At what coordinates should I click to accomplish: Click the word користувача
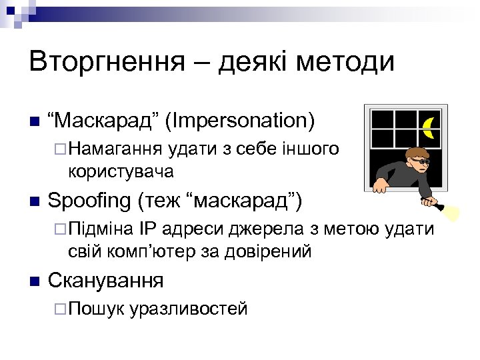120,171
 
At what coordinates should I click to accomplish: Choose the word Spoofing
90,200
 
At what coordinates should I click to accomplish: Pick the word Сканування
106,280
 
